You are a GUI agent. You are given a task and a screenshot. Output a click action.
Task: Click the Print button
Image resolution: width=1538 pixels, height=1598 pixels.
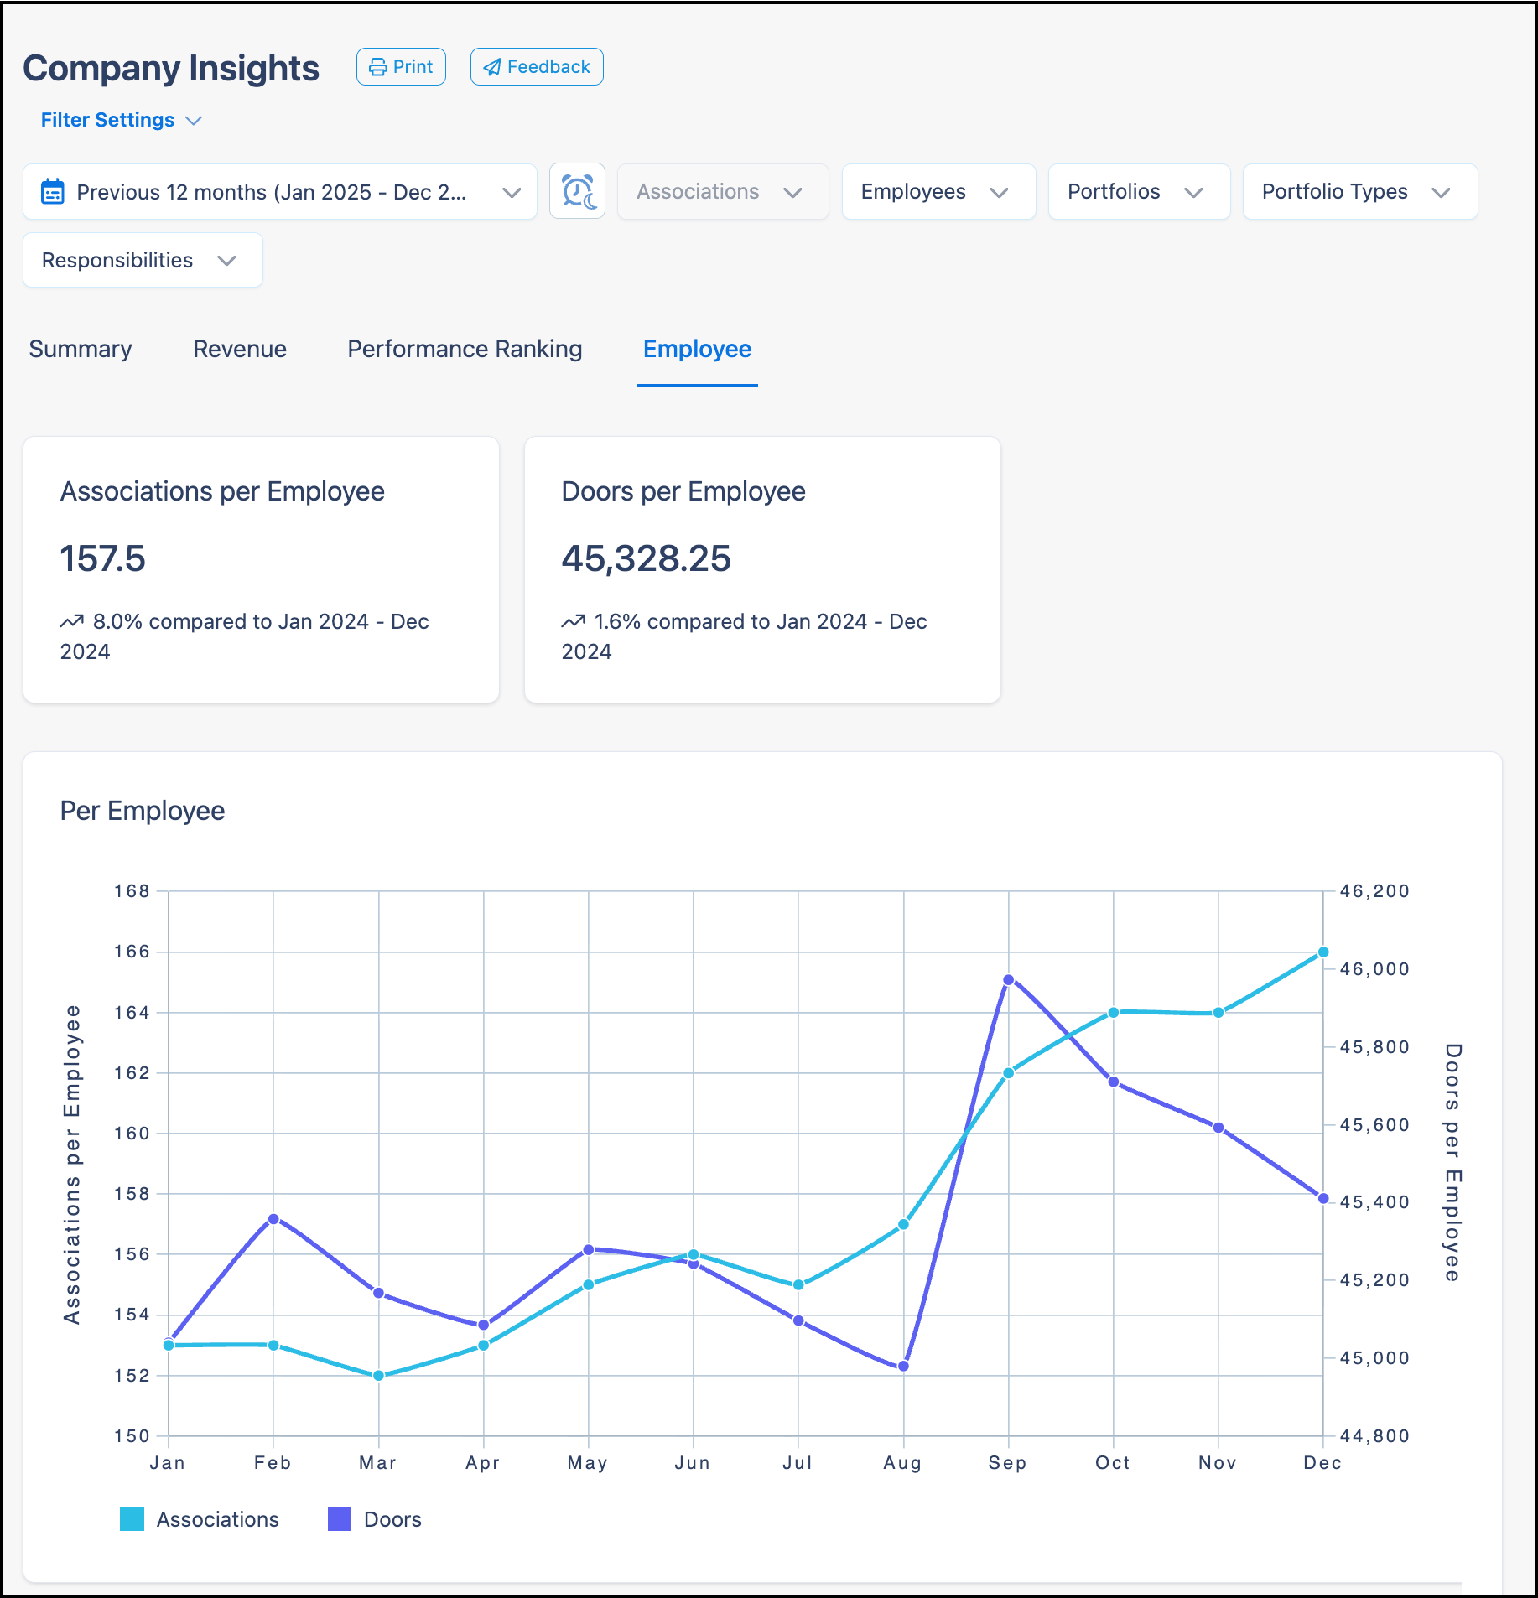(x=401, y=67)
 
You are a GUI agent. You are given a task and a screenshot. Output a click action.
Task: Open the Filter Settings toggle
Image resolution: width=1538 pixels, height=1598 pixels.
(x=121, y=120)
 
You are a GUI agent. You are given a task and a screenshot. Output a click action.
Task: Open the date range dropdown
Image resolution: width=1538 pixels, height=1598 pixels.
(x=280, y=192)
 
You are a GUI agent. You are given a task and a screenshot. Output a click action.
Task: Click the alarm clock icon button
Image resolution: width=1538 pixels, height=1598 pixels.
(x=577, y=192)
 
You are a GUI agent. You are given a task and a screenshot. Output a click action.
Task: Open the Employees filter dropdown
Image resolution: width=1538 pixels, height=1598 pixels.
(x=938, y=192)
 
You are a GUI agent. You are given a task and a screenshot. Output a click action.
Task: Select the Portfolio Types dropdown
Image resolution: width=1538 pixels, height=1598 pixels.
(x=1359, y=192)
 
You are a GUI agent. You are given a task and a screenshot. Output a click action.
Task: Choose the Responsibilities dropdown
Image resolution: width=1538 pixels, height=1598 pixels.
(x=143, y=260)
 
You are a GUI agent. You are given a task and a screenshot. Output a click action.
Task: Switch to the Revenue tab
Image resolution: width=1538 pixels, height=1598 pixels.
(x=240, y=349)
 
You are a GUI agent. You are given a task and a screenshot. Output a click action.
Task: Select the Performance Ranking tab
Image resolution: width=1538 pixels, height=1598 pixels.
(x=465, y=349)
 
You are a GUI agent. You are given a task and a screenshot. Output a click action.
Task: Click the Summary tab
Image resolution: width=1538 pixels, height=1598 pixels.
(x=81, y=349)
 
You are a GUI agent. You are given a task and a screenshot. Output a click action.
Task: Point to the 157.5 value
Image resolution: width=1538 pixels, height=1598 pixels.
(x=102, y=558)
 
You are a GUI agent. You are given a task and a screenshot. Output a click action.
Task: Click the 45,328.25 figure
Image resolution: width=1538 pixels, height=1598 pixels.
(x=646, y=558)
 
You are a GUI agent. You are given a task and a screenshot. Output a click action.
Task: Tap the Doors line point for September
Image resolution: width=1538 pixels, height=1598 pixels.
(x=1008, y=979)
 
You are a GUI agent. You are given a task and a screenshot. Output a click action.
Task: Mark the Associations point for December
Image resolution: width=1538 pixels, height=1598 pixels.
(x=1323, y=952)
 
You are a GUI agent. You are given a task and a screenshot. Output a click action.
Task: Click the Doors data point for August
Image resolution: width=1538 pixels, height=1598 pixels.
(x=903, y=1366)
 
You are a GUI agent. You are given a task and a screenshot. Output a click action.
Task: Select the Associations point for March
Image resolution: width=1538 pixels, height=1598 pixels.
(x=378, y=1375)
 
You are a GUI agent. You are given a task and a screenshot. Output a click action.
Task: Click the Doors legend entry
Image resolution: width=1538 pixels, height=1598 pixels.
(x=375, y=1519)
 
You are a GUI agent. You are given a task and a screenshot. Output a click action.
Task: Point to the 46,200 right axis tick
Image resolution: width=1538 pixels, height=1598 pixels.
(x=1374, y=891)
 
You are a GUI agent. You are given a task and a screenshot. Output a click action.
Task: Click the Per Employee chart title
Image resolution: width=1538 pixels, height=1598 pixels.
(x=143, y=811)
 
